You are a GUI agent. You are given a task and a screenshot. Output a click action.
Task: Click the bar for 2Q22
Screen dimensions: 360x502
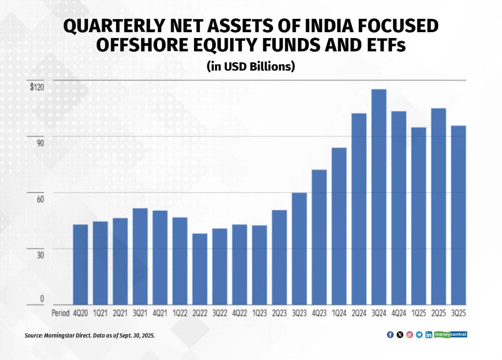(200, 269)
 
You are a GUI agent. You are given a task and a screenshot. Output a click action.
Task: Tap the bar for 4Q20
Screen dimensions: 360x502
(80, 264)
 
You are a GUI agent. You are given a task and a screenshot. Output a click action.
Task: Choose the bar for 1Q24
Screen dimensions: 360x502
(339, 226)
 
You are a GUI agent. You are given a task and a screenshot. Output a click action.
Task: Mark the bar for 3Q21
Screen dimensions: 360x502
(140, 256)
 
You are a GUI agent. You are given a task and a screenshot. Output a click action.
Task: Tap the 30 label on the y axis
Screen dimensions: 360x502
(40, 255)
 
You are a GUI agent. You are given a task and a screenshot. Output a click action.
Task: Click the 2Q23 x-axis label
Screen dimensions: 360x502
(280, 313)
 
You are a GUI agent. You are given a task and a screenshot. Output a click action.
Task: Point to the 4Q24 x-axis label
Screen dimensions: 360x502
(399, 313)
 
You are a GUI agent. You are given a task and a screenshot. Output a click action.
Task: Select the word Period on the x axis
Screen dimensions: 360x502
(60, 313)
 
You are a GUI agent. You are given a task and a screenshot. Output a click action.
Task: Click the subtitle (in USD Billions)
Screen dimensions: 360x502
(251, 66)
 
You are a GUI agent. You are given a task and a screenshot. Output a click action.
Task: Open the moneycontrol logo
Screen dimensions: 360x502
(451, 335)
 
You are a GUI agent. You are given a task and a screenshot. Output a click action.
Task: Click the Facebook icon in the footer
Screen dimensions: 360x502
(390, 335)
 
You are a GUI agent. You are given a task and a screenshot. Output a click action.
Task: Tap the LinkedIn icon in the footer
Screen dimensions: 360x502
(429, 335)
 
